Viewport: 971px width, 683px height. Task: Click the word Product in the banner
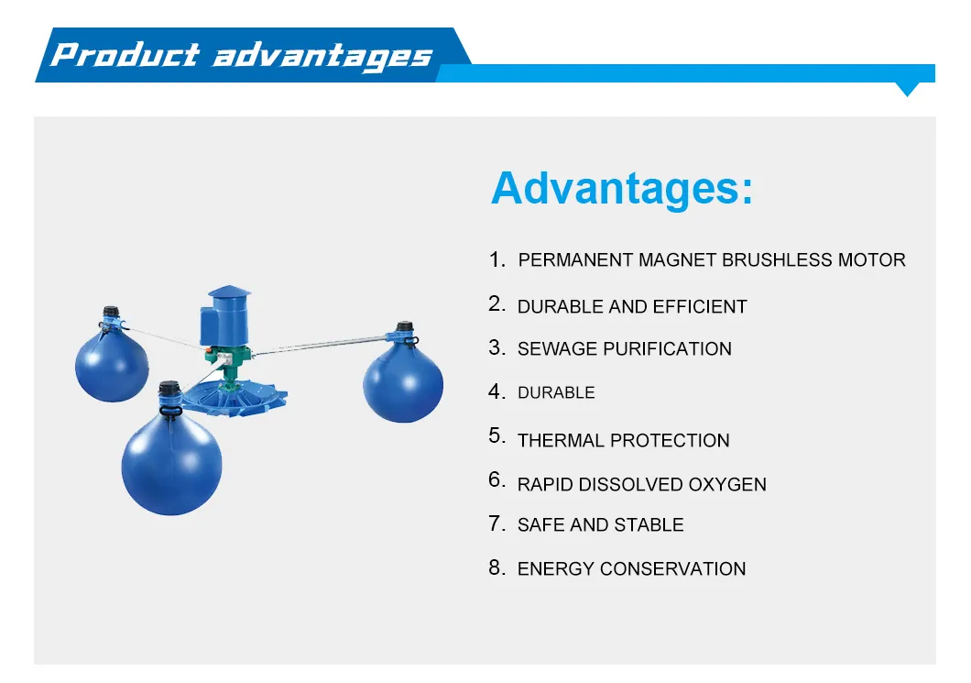tap(125, 54)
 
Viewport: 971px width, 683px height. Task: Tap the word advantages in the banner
tap(322, 57)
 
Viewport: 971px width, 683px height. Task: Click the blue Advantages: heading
tap(622, 188)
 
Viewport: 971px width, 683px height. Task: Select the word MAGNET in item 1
tap(677, 259)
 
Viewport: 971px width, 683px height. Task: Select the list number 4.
tap(496, 391)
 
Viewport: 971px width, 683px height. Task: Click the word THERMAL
tap(561, 440)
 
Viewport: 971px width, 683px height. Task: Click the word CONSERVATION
tap(672, 569)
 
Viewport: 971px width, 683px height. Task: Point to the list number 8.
tap(496, 567)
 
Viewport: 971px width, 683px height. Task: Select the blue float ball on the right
tap(403, 383)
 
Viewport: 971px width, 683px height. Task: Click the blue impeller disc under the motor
tap(235, 398)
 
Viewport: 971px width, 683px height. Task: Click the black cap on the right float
tap(404, 326)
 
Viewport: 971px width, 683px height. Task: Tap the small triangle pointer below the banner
tap(908, 89)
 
